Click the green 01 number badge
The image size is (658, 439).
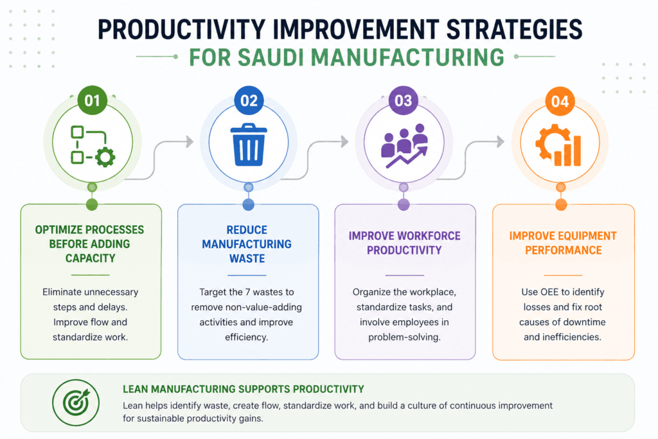[x=93, y=101]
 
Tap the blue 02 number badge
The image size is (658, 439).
[x=249, y=101]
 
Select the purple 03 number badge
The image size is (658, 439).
[x=404, y=101]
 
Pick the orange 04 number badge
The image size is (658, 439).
[x=560, y=102]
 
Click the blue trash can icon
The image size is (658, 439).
[x=249, y=145]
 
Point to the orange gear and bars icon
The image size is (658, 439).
[x=558, y=145]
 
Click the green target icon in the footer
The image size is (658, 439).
[x=76, y=402]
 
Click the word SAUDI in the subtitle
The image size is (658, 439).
[x=271, y=57]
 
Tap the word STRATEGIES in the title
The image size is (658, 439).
[x=514, y=30]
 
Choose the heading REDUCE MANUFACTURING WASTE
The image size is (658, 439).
[x=247, y=244]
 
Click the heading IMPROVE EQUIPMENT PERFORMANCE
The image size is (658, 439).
[x=563, y=243]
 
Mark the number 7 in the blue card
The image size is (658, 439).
[x=248, y=292]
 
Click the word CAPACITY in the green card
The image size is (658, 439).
[x=90, y=258]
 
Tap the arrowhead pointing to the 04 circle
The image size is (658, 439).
[x=500, y=141]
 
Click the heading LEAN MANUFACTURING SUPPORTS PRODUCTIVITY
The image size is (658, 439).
[x=244, y=389]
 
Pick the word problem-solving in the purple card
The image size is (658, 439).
[x=405, y=337]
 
